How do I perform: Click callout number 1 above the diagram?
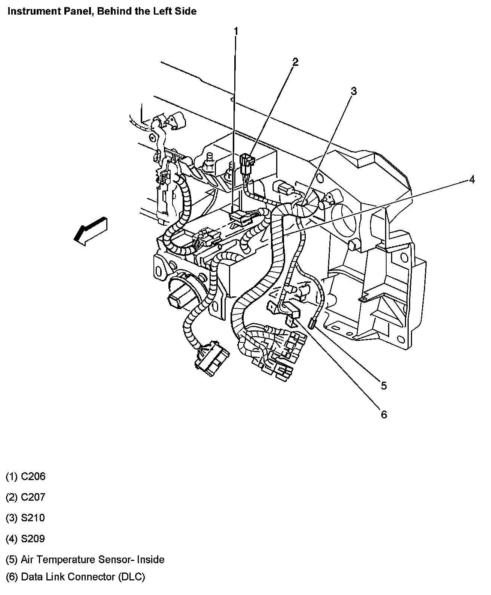click(x=236, y=31)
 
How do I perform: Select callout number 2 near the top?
click(x=295, y=62)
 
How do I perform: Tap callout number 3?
click(x=353, y=91)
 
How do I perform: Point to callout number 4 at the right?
click(x=472, y=180)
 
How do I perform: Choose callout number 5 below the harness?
click(x=384, y=385)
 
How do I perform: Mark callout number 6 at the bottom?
click(x=384, y=414)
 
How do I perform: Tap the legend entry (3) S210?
click(x=25, y=518)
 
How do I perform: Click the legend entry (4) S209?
click(x=25, y=539)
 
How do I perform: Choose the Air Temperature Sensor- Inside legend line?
click(x=85, y=560)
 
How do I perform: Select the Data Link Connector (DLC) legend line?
click(x=76, y=577)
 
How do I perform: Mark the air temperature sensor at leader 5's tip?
click(x=311, y=322)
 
